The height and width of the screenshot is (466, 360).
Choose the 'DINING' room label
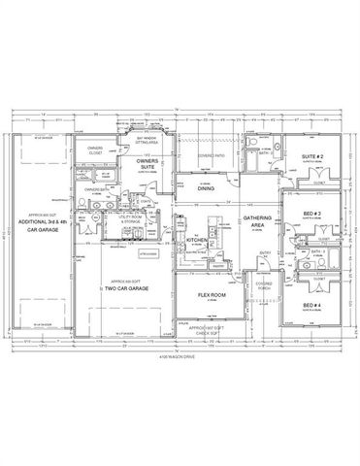click(x=206, y=189)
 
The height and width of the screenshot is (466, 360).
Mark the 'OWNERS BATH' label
click(x=93, y=188)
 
